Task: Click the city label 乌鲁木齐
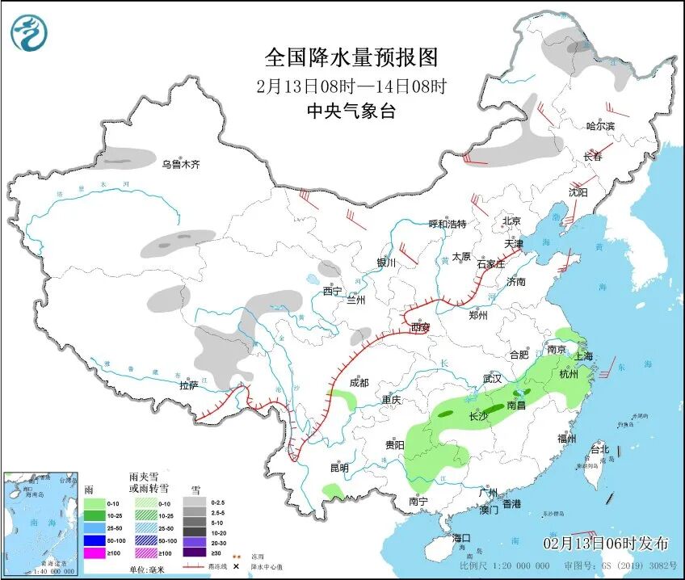tap(180, 164)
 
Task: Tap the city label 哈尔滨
tap(600, 126)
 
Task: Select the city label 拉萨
tap(188, 385)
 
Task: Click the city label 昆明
tap(338, 468)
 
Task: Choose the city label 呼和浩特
tap(448, 224)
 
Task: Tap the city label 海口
tap(461, 538)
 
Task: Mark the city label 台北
tap(599, 448)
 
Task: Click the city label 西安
tap(420, 327)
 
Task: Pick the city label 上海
tap(584, 356)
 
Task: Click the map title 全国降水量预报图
tap(351, 57)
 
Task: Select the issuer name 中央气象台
tap(351, 112)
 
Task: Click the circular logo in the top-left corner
tap(29, 33)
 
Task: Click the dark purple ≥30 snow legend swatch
tap(194, 553)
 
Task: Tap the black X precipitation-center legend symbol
tap(237, 567)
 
